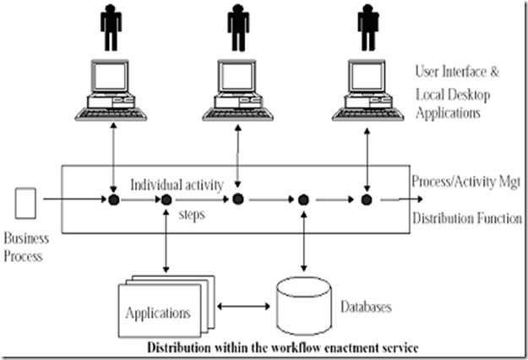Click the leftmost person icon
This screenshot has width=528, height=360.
[111, 28]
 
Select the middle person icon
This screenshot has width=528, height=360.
[238, 28]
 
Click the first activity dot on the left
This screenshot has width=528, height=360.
[112, 199]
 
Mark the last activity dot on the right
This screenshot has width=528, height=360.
[367, 199]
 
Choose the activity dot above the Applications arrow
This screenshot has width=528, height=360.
[166, 199]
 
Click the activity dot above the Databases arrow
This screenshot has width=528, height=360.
[303, 199]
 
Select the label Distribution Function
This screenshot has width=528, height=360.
[467, 219]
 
